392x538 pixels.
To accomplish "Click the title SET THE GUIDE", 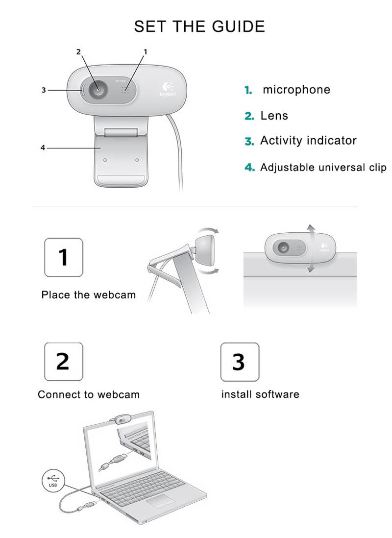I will point(199,26).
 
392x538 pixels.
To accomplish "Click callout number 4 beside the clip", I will point(43,147).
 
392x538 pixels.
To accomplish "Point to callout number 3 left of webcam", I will point(44,90).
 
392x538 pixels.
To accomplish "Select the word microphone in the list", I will point(296,90).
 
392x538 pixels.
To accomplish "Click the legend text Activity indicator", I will point(308,141).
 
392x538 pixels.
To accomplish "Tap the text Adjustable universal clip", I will point(323,167).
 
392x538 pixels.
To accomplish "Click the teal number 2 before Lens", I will point(249,116).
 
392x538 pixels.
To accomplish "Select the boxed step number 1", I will point(64,257).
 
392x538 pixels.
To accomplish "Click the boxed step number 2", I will point(64,362).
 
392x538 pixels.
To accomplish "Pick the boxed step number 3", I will point(239,362).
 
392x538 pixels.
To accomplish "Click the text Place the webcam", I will point(88,295).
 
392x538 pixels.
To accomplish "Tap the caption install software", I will point(260,394).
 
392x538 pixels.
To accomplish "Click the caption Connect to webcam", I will point(89,394).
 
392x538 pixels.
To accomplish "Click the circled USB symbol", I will point(52,479).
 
